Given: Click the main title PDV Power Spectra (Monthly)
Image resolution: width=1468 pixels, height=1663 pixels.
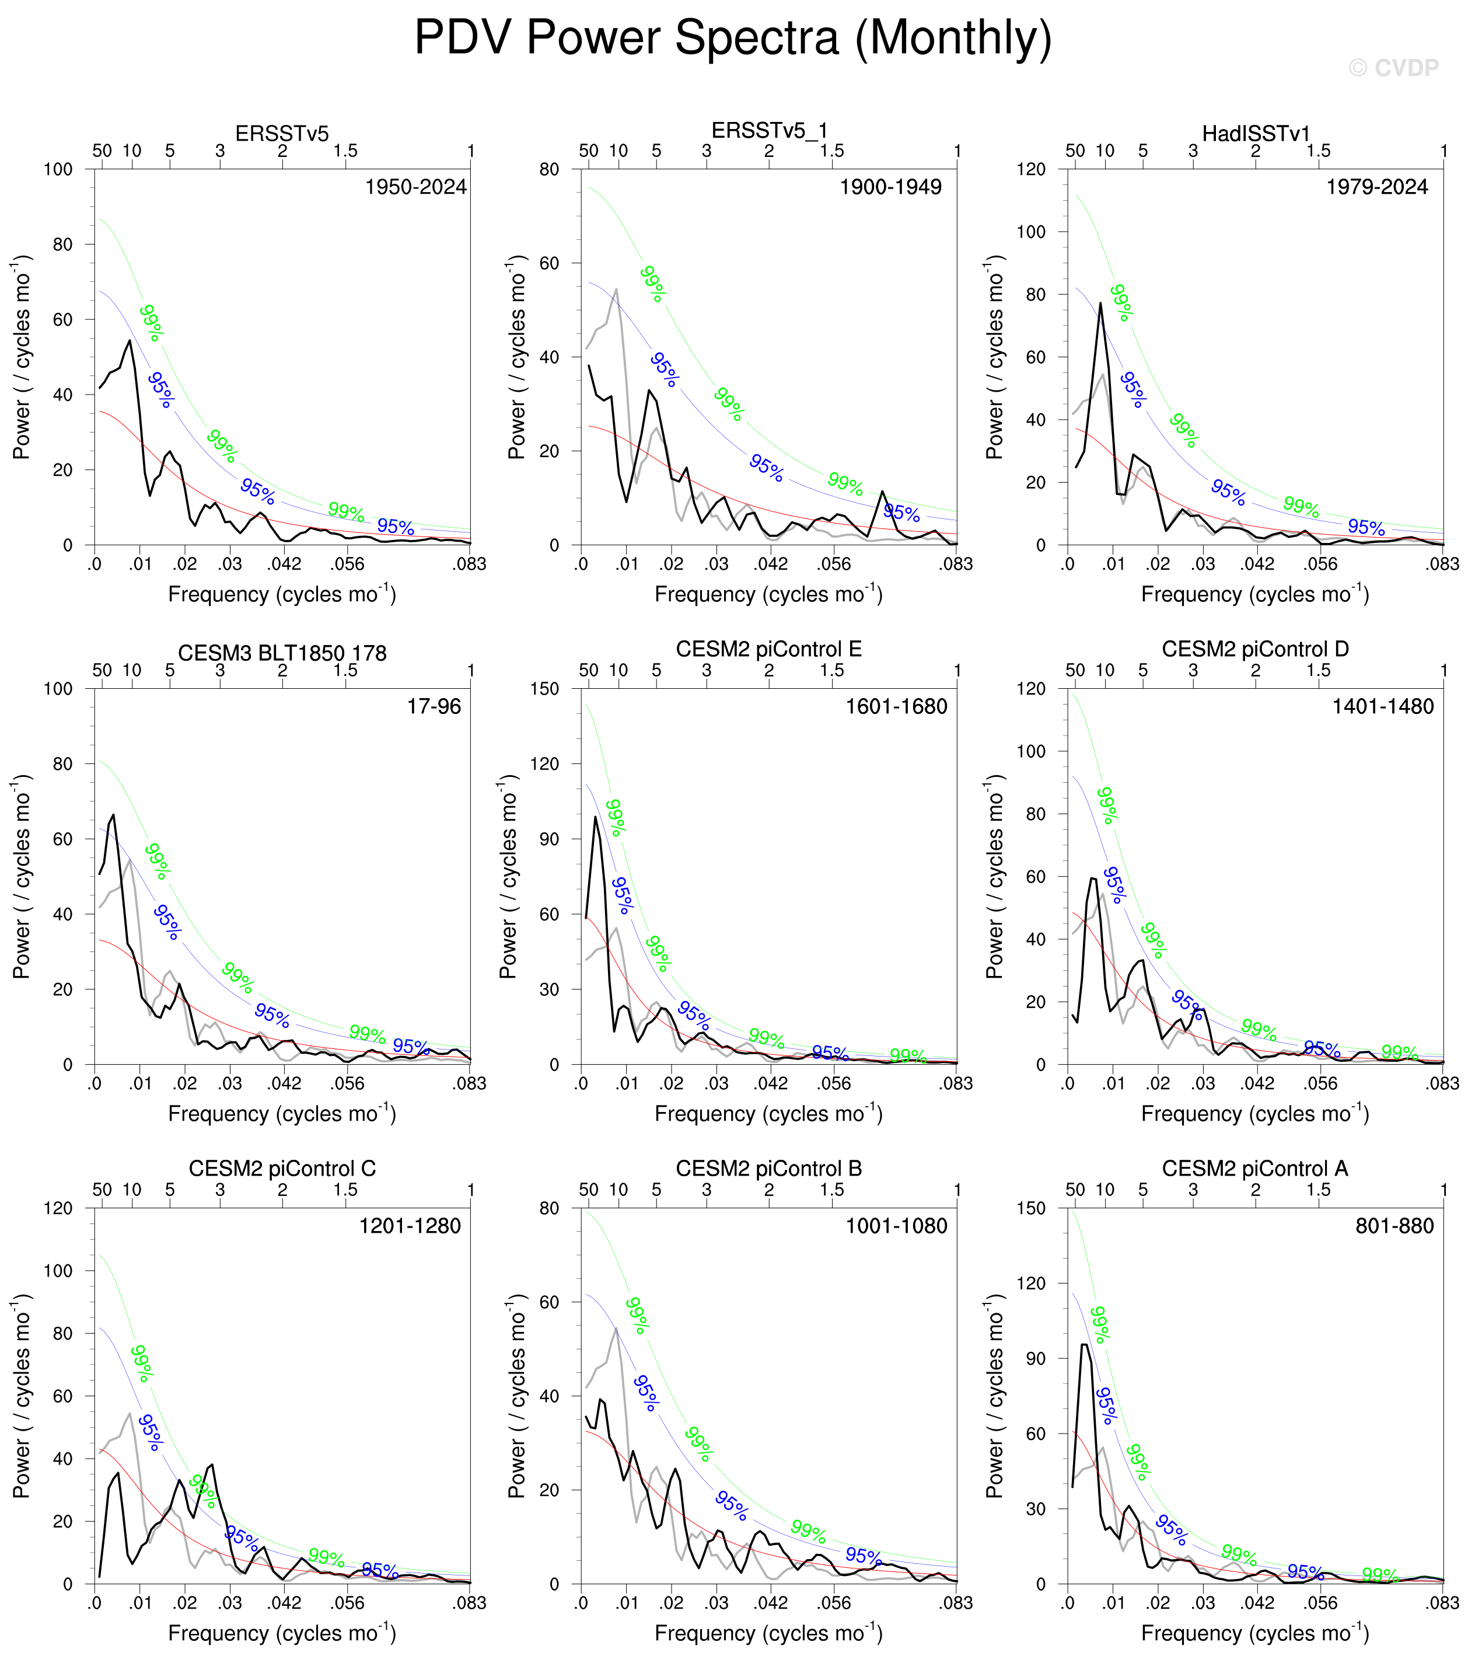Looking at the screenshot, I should click(x=733, y=37).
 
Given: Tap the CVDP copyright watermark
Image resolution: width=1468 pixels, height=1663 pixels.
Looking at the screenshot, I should click(x=1393, y=68).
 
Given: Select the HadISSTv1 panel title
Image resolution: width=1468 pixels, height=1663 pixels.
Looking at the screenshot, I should click(x=1256, y=134).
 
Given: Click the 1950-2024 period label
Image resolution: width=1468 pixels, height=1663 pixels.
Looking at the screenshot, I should click(x=415, y=187).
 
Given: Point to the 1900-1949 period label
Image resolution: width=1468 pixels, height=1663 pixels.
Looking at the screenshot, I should click(x=890, y=187).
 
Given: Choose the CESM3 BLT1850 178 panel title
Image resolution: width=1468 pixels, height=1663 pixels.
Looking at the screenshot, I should click(x=282, y=653).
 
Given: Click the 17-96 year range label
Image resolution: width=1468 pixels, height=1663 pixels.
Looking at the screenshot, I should click(x=434, y=706).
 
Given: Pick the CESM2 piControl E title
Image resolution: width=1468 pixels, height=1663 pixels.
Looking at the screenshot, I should click(x=768, y=649).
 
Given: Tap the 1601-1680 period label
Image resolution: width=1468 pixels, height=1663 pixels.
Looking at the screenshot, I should click(x=896, y=706).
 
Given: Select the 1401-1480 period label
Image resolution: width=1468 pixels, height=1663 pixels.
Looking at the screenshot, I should click(x=1383, y=706).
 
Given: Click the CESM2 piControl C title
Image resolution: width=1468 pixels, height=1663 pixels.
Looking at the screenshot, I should click(x=282, y=1169).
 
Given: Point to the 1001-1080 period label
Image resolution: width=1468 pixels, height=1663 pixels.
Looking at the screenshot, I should click(x=896, y=1226).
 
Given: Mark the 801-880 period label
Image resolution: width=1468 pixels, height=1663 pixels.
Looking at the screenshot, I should click(x=1394, y=1226).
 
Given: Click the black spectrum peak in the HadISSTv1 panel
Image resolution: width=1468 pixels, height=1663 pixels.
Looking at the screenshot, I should click(x=1100, y=304).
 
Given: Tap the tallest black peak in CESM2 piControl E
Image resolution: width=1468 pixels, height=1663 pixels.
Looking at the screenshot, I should click(x=595, y=817).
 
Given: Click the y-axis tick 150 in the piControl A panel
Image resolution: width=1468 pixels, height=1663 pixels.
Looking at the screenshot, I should click(x=1030, y=1208).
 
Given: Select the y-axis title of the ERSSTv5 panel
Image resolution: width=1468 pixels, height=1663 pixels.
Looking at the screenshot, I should click(x=22, y=357).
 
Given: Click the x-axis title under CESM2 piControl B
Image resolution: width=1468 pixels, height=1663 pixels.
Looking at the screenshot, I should click(x=768, y=1634).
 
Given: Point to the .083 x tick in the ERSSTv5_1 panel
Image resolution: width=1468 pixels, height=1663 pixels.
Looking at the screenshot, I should click(x=956, y=564).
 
